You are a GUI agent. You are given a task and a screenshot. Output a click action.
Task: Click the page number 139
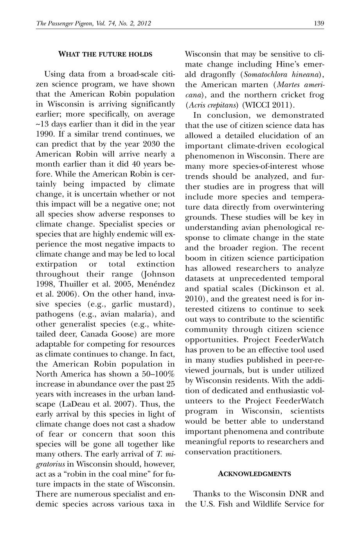coord(319,24)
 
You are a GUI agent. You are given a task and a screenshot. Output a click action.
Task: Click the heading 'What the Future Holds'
coord(105,54)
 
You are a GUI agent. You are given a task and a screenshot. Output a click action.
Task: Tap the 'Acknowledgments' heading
coord(254,474)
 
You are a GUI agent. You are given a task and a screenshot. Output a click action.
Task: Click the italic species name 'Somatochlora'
coord(266,74)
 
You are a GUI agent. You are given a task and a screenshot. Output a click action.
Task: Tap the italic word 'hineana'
coord(308,74)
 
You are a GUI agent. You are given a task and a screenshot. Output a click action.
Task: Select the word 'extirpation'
coord(57,264)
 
